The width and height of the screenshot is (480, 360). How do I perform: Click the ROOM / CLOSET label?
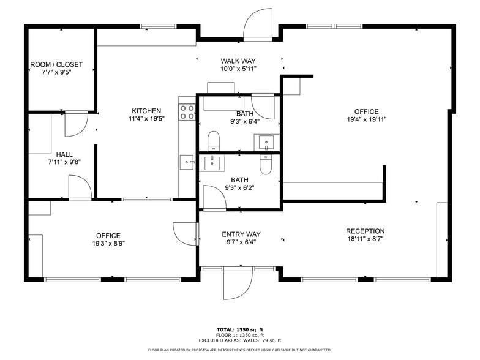pos(56,64)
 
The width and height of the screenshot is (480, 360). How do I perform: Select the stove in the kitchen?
pos(187,111)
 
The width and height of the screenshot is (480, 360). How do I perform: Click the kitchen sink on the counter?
pos(187,162)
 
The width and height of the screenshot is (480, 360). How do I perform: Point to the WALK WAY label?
pos(238,61)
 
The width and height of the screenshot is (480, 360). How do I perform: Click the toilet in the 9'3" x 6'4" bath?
pos(213,140)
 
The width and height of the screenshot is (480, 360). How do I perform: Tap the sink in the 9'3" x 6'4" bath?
pos(267,143)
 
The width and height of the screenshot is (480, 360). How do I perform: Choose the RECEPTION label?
pos(366,231)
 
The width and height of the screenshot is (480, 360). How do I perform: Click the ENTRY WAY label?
pos(241,234)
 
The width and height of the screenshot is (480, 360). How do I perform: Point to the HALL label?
pos(65,154)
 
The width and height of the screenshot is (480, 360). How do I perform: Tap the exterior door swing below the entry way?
pos(238,283)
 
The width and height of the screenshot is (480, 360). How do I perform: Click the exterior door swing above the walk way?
pos(257,24)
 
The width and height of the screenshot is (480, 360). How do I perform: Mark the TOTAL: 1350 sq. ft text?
pos(239,329)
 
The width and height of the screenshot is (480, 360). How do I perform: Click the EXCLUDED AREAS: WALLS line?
pos(239,340)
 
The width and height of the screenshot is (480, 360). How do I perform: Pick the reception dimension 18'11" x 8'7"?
pos(366,239)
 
